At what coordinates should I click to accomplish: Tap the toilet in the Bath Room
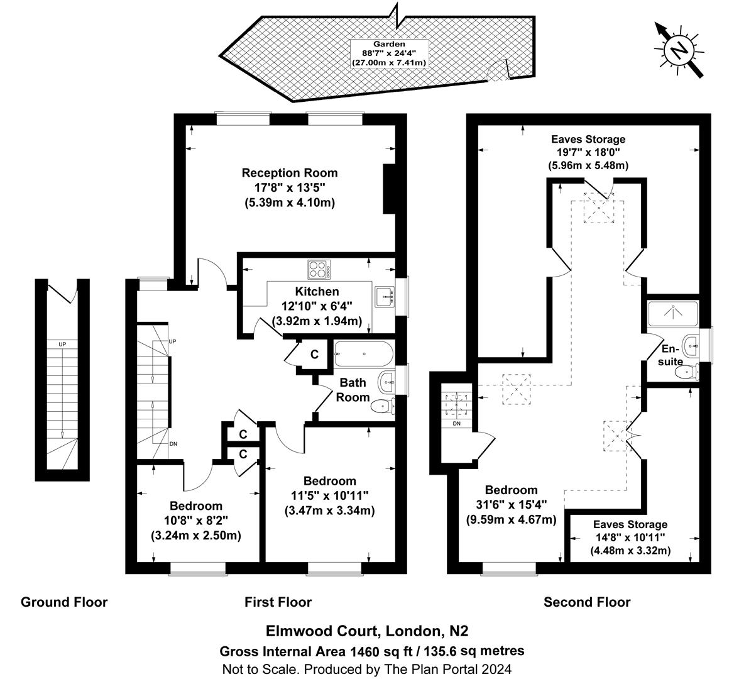[x=382, y=406]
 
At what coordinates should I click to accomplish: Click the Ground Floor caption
[x=64, y=602]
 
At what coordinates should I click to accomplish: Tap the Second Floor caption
[x=586, y=602]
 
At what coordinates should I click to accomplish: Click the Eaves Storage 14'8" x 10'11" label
[x=630, y=538]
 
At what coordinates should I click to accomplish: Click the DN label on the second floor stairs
[x=457, y=424]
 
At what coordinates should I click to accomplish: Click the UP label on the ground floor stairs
[x=62, y=345]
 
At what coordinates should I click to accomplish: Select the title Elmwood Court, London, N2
[x=367, y=631]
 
